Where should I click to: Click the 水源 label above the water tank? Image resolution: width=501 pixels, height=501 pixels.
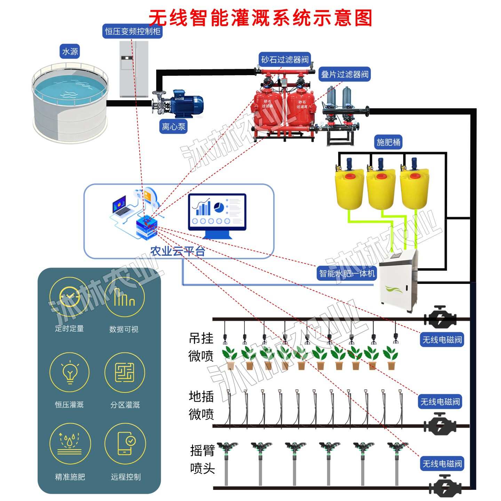70,51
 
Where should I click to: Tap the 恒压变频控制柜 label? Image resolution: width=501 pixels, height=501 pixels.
133,31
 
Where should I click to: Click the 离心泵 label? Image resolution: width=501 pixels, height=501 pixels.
174,126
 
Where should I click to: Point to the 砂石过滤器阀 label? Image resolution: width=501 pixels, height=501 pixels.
285,59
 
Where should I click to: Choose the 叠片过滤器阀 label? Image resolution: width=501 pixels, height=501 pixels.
344,74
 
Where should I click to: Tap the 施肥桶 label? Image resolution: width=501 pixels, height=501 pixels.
389,142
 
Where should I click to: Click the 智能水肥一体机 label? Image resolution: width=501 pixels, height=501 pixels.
347,273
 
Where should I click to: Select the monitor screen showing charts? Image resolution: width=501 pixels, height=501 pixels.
217,212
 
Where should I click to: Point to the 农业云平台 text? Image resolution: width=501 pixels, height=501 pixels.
177,251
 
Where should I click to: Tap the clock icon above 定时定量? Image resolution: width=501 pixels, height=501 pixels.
70,297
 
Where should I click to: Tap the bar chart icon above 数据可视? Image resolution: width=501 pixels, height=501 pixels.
124,297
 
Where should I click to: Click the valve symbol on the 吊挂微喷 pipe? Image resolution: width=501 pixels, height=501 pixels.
440,317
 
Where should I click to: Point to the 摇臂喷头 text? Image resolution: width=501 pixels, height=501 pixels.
202,459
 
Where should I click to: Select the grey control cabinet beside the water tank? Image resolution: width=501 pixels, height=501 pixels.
134,69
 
